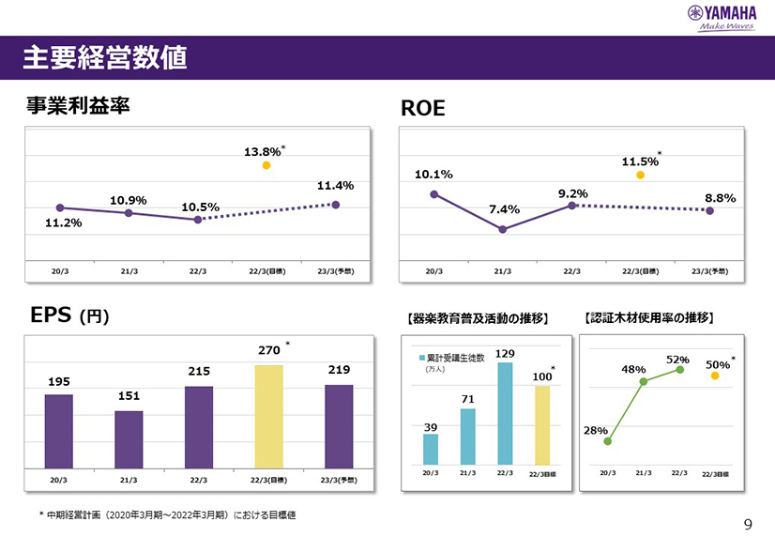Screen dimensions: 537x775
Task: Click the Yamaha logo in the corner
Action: coord(722,16)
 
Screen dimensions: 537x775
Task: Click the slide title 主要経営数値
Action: coord(104,58)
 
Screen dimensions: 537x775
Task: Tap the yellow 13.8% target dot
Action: coord(266,165)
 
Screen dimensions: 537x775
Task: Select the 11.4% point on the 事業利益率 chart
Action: coord(336,205)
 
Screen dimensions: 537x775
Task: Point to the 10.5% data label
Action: coord(200,207)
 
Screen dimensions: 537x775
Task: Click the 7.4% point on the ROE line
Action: coord(503,229)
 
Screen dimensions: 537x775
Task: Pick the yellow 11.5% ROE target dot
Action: coord(641,175)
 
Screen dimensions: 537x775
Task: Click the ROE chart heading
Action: coord(423,110)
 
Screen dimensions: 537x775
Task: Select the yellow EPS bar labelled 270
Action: coord(268,415)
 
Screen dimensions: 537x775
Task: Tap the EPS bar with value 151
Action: coord(129,438)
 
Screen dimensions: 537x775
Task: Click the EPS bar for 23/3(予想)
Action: coord(339,425)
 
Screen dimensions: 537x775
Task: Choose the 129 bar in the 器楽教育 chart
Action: coord(505,413)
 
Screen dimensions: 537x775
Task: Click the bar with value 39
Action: coord(431,449)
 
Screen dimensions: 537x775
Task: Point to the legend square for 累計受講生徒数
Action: coord(422,358)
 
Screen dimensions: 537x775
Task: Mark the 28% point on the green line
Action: coord(607,441)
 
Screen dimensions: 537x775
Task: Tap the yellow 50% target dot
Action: coord(715,376)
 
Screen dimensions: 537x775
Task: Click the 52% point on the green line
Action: coord(679,370)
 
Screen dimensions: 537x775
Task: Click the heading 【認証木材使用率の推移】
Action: coord(649,319)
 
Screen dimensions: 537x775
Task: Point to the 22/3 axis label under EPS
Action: coord(198,480)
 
